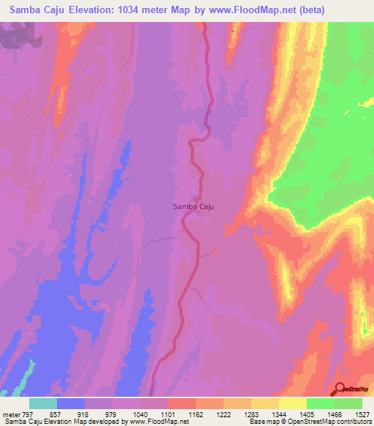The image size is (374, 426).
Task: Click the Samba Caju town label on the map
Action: (x=193, y=207)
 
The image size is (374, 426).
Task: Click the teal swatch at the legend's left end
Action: (x=43, y=403)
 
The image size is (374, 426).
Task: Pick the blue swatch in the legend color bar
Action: (x=71, y=403)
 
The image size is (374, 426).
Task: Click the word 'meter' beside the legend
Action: (x=11, y=414)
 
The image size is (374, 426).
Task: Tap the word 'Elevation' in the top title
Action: (x=88, y=10)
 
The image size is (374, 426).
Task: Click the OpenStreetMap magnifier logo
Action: (x=340, y=389)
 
